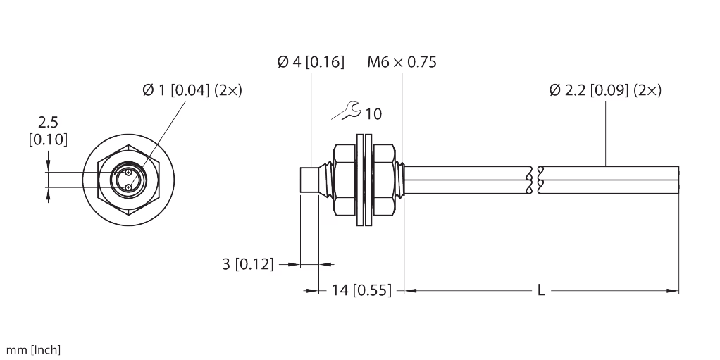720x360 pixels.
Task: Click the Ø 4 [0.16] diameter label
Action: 311,62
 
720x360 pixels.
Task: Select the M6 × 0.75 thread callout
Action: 402,62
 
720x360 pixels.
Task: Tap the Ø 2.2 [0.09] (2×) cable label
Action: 605,90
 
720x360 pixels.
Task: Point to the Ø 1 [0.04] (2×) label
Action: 192,90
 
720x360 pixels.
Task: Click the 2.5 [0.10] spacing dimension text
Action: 48,131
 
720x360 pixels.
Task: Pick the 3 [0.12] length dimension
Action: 247,264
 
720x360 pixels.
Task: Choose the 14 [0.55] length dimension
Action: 362,290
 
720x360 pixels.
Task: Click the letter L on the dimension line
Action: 541,290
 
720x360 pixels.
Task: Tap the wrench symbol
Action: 347,111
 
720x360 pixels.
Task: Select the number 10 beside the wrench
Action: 374,114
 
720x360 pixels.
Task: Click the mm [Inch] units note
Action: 33,350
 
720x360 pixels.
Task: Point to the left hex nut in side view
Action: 345,180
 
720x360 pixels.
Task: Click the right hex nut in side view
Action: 383,180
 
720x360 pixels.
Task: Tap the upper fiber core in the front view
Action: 128,173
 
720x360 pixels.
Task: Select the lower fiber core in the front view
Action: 128,187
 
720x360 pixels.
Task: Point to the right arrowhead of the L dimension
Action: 673,290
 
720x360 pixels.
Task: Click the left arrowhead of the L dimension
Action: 411,290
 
